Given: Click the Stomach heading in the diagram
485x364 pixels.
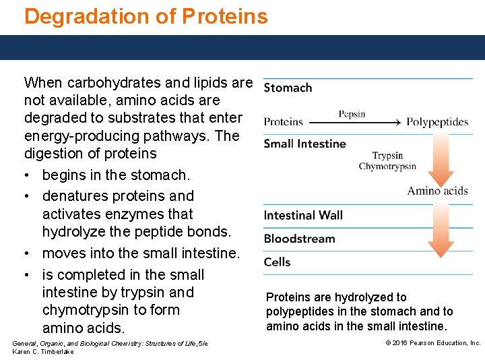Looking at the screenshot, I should pos(288,88).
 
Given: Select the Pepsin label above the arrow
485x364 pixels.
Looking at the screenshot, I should pos(352,114).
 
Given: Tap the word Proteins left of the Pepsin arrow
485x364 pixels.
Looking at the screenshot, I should pos(283,122).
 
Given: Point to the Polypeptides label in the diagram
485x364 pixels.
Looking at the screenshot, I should pos(437,122).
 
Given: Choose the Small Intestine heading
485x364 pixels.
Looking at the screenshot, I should pos(304,144).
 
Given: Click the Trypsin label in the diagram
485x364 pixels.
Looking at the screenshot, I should pos(387,156).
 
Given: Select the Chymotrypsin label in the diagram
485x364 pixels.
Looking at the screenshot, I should pos(387,166).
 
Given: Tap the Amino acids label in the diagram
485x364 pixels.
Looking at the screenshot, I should pos(437,191).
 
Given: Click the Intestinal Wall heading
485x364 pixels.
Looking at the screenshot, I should pos(303,216).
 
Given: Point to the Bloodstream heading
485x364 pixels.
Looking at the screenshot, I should pos(299,239).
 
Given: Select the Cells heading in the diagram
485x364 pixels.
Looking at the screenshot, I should pos(278,262).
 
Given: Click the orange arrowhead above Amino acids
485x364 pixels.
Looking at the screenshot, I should pos(441,178).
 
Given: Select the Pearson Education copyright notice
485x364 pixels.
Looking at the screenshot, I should pos(432,343).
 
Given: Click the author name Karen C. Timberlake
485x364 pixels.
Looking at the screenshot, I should pos(43,352).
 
